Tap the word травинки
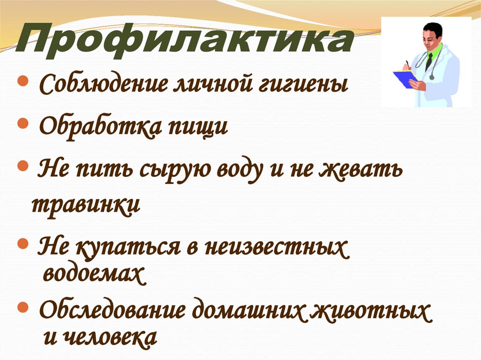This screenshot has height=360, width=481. (85, 206)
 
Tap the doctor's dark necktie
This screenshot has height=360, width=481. (429, 61)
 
